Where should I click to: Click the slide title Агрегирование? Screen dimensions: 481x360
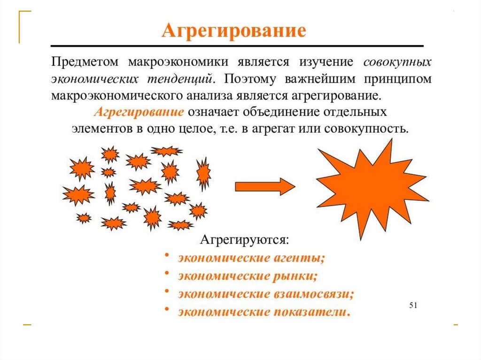tap(234, 31)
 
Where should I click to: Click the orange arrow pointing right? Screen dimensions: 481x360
tap(264, 186)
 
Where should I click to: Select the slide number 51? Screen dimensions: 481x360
tap(413, 306)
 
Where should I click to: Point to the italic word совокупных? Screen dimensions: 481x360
tap(397, 62)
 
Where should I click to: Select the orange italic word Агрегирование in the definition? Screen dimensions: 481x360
tap(139, 113)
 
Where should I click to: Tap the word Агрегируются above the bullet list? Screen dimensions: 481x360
tap(245, 240)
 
